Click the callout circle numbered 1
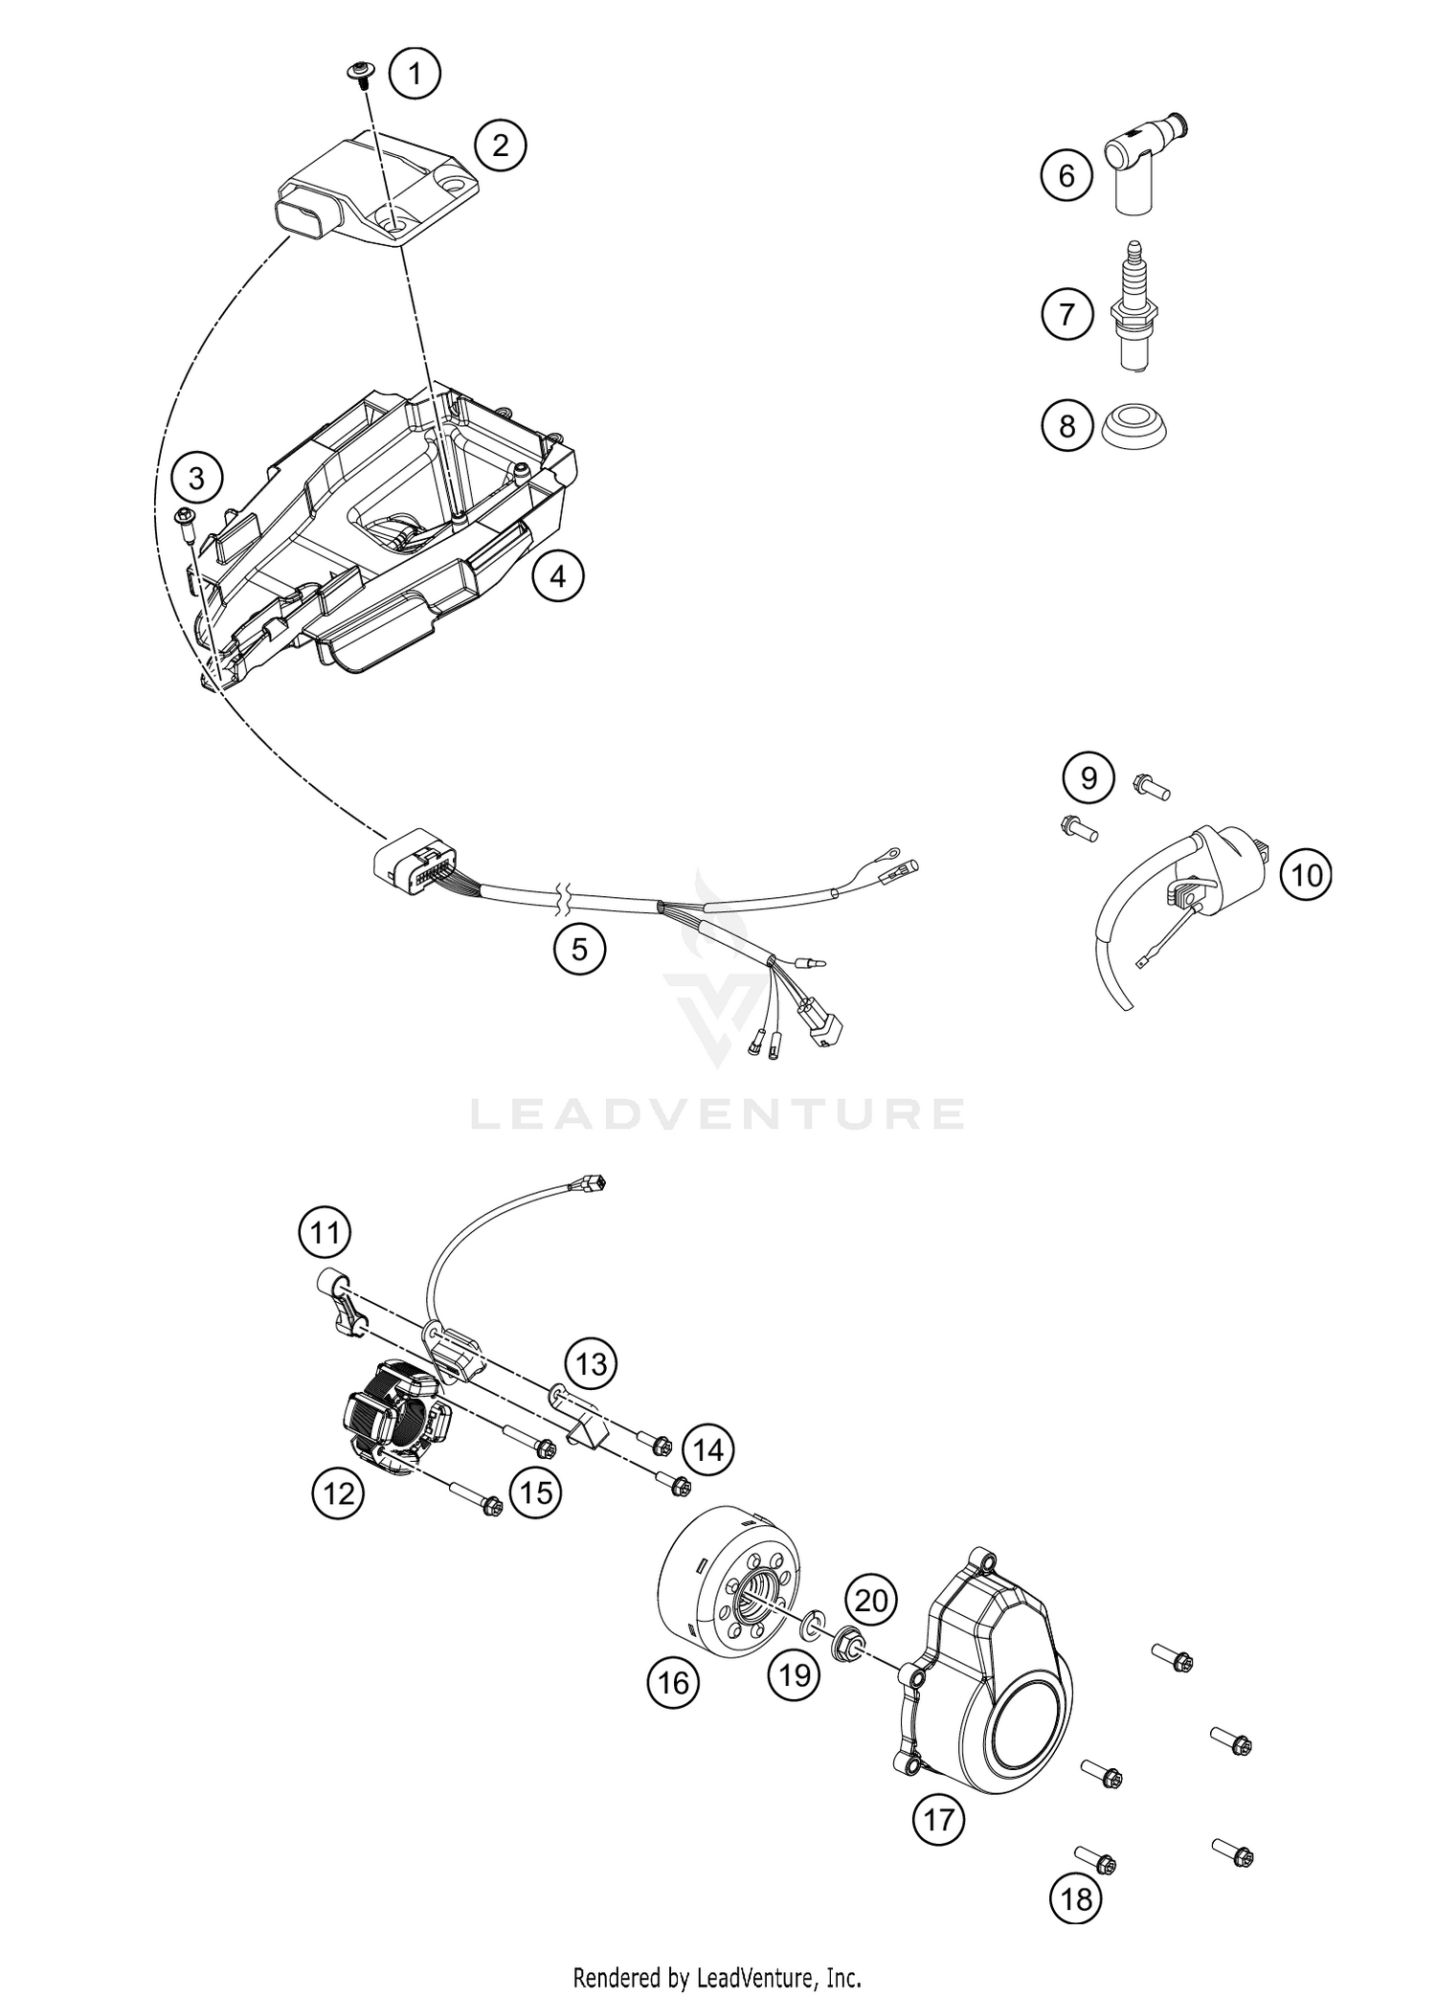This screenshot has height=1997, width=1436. pos(415,73)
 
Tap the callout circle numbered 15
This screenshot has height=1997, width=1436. pos(536,1492)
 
